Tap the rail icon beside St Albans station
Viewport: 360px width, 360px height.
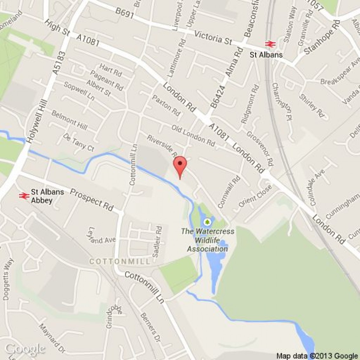pos(270,44)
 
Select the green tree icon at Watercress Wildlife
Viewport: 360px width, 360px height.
pos(207,221)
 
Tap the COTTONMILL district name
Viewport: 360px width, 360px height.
pos(120,262)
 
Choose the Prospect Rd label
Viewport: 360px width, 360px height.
pos(92,200)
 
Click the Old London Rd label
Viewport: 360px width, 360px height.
pos(193,135)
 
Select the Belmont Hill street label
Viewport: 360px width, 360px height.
pos(69,120)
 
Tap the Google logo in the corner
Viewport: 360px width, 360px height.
pos(25,349)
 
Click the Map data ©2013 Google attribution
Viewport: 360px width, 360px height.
pos(317,356)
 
